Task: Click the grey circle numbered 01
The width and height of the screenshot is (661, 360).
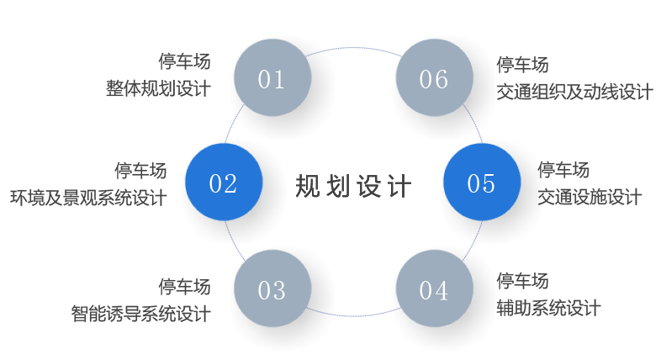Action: pos(272,79)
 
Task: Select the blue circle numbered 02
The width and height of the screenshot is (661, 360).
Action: pos(223,183)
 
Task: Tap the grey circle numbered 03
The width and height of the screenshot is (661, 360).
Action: pos(272,290)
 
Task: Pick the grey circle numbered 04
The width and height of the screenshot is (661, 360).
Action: pos(433,290)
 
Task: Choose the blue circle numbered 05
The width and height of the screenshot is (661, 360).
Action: pos(481,183)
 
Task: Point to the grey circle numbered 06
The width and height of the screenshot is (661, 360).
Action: pos(433,79)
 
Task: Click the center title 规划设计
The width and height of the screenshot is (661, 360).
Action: pos(353,186)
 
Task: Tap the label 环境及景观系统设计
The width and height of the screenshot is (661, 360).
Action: pos(87,198)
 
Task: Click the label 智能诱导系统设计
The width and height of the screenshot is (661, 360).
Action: pos(140,314)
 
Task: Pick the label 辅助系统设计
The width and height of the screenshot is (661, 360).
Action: pos(548,307)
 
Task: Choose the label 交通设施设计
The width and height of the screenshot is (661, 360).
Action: pos(590,198)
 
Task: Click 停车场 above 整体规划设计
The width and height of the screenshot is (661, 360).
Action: pos(184,61)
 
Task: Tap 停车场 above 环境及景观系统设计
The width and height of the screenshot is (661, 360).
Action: pos(140,171)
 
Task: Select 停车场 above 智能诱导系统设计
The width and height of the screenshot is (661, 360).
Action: pos(184,287)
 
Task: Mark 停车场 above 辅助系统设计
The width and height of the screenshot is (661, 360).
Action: pos(522,280)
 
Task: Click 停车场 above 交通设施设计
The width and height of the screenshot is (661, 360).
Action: pos(563,171)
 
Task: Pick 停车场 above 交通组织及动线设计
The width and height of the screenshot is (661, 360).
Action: pos(522,65)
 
